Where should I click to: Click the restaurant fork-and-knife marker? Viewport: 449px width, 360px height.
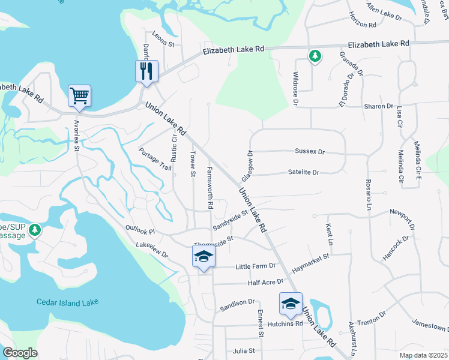click(146, 71)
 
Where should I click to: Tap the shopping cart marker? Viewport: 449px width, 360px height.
click(80, 96)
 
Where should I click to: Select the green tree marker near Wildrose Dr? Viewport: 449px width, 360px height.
click(314, 57)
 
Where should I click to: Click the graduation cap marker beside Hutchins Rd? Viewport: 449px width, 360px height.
click(291, 304)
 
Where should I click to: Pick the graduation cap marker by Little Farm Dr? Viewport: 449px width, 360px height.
click(203, 256)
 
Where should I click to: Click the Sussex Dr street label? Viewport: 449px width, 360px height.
click(309, 152)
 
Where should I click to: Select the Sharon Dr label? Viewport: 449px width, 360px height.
click(378, 106)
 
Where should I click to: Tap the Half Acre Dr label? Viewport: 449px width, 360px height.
click(266, 282)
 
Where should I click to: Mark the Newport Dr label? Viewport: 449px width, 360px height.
click(402, 218)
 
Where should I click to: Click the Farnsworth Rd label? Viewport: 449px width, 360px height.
click(210, 188)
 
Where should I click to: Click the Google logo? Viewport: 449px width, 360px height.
click(20, 353)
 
